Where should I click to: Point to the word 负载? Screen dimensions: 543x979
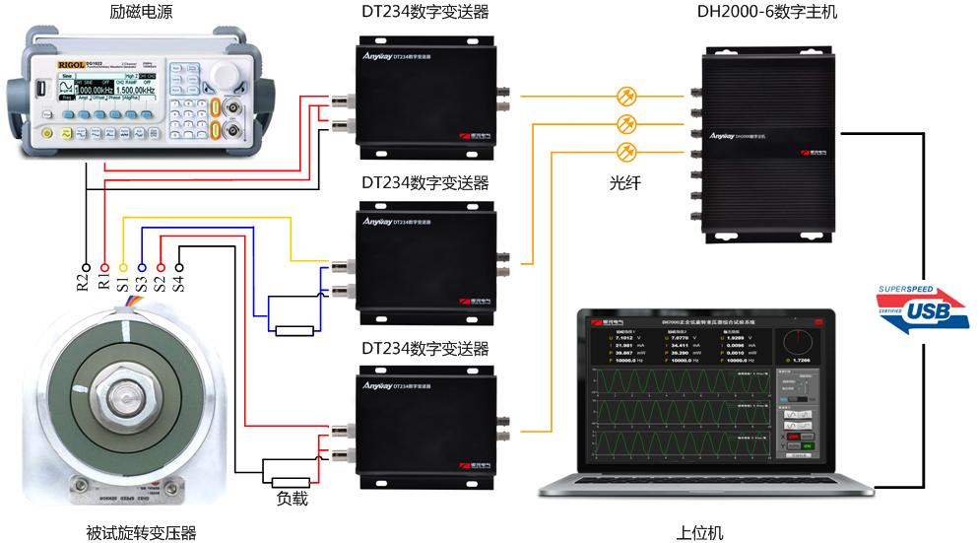tap(292, 499)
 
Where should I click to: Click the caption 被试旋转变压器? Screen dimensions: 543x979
tap(142, 532)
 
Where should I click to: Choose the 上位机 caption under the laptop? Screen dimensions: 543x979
tap(700, 532)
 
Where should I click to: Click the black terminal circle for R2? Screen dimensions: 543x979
tap(86, 266)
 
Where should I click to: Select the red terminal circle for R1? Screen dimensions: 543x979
tap(104, 266)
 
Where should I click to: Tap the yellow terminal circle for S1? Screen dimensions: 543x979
tap(123, 266)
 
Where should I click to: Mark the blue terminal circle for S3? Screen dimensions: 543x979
tap(142, 266)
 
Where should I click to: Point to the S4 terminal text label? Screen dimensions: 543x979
tap(179, 284)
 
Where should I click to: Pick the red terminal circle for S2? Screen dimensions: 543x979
tap(161, 266)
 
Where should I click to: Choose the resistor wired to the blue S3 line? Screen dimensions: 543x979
tap(295, 329)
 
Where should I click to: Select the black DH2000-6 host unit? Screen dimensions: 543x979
tap(768, 138)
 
